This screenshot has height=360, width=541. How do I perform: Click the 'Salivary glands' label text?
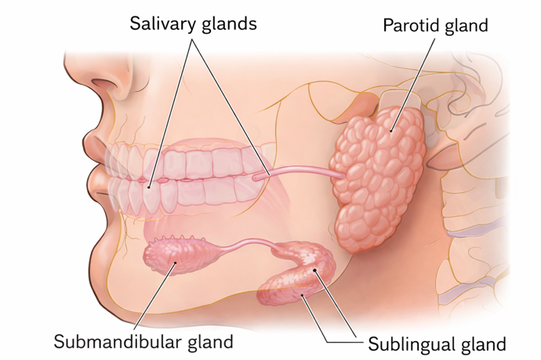click(x=193, y=24)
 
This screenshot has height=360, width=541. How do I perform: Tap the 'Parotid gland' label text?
click(x=435, y=25)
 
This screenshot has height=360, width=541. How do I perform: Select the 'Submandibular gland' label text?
click(x=143, y=341)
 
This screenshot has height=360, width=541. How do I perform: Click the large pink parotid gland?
click(x=381, y=176)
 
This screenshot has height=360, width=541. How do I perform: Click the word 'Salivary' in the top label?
click(x=161, y=24)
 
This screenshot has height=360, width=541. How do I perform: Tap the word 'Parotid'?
click(x=408, y=25)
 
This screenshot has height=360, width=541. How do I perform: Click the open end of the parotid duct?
click(x=259, y=179)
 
